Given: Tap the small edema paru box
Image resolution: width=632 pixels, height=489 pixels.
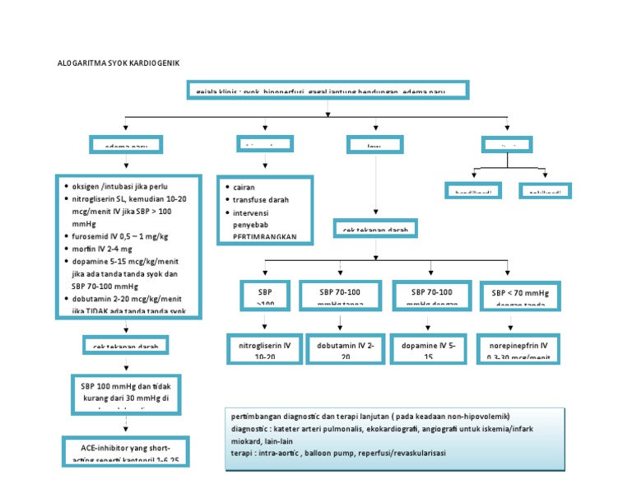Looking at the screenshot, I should [126, 146].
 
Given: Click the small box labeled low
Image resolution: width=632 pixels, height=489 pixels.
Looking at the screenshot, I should [375, 146].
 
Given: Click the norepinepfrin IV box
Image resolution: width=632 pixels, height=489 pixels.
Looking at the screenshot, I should [521, 348].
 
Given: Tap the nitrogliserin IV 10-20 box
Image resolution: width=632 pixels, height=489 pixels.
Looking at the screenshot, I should [263, 348].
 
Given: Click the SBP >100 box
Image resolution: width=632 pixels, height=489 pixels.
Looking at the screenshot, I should [264, 298].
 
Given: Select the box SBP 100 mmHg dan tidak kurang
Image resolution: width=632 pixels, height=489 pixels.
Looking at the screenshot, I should [126, 392].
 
